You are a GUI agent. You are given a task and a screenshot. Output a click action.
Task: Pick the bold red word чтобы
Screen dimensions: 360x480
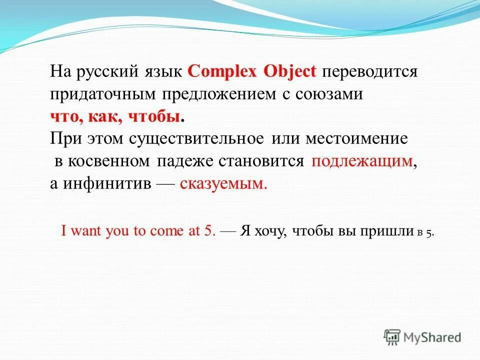tap(155, 117)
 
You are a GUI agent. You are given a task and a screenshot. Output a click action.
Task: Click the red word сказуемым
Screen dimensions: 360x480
tap(223, 183)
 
